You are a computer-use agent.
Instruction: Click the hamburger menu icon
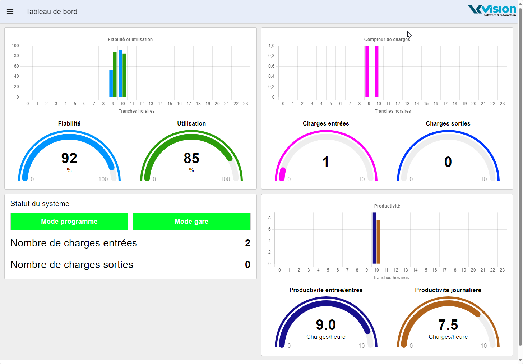(10, 12)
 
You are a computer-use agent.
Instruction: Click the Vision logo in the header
(492, 10)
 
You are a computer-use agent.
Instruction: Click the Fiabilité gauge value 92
(69, 158)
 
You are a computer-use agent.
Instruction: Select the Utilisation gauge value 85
(191, 158)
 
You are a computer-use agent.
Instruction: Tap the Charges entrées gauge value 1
(326, 162)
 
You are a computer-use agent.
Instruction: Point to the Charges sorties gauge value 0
(448, 162)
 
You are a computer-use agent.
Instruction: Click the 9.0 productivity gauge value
(326, 325)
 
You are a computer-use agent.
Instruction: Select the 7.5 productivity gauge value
(448, 325)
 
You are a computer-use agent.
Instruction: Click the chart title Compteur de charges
(387, 40)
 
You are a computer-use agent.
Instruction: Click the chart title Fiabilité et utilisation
(130, 40)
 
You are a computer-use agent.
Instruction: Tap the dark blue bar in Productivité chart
(374, 238)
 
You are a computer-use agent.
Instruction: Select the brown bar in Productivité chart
(378, 242)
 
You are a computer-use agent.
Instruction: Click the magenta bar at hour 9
(367, 71)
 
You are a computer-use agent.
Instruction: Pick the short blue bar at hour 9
(111, 84)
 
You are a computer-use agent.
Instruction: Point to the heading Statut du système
(40, 204)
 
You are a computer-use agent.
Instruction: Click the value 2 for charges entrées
(247, 243)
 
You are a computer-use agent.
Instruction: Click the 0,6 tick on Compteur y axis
(271, 66)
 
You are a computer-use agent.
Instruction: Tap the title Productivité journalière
(448, 290)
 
